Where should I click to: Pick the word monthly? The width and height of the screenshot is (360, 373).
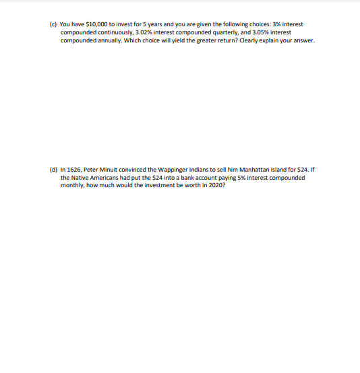72,186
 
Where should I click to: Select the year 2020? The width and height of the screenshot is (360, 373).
212,186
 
